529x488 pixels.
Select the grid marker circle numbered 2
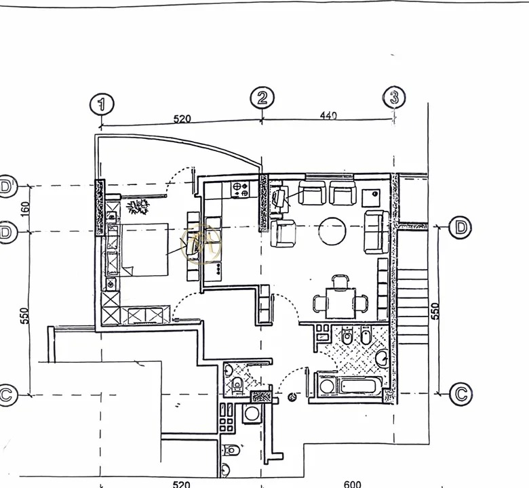(x=262, y=98)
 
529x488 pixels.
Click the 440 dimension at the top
(x=328, y=116)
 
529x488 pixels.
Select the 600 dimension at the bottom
(x=353, y=484)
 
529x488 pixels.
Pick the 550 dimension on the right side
(x=435, y=310)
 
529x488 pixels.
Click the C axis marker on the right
(x=461, y=393)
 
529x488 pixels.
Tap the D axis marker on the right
(x=461, y=227)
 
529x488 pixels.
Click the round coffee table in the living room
(x=332, y=230)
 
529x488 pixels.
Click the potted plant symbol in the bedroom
(x=142, y=205)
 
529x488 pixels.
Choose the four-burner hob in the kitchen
(x=241, y=190)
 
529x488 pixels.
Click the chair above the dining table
(x=340, y=280)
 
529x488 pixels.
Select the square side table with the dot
(x=372, y=196)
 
